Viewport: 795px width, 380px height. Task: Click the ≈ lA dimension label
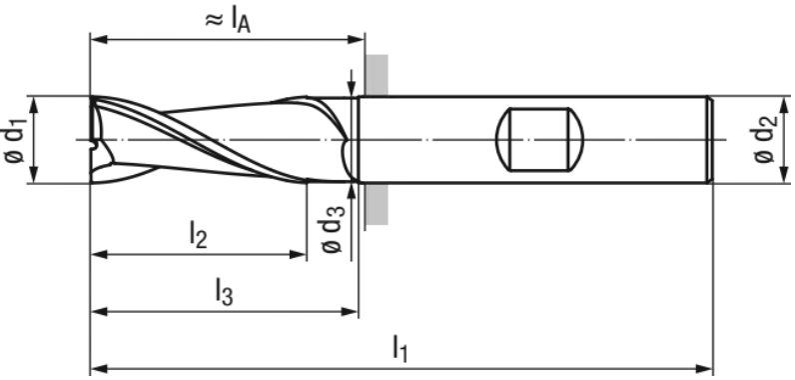pos(228,21)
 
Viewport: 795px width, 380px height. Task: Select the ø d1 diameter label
pos(14,139)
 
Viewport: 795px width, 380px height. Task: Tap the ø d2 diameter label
pos(765,139)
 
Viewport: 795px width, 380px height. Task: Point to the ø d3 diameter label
pos(334,228)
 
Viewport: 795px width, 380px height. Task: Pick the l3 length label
pos(224,292)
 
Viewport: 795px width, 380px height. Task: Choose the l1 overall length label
pos(400,350)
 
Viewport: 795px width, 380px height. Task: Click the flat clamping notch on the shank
pos(539,140)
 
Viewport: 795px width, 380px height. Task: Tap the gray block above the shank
pos(377,75)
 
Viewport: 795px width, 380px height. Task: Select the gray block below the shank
pos(377,204)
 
